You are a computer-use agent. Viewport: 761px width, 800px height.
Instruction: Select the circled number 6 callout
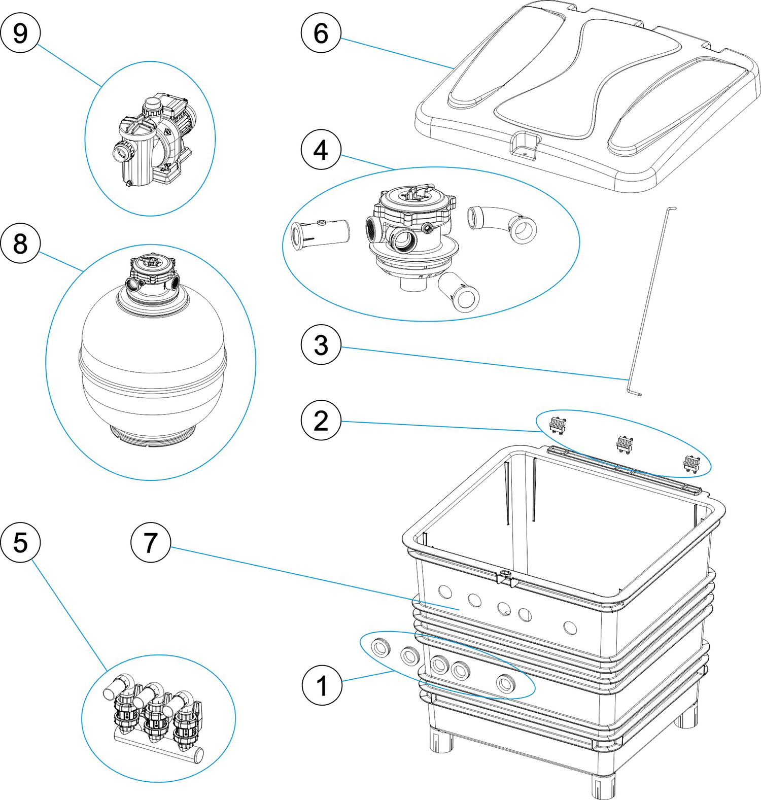321,33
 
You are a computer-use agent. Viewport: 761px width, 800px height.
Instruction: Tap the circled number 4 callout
321,150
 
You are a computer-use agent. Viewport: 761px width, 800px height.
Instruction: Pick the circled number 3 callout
321,345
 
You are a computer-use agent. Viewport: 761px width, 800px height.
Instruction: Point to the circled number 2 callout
321,421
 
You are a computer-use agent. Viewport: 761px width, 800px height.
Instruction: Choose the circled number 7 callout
150,543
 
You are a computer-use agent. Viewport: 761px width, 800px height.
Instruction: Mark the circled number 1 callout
322,686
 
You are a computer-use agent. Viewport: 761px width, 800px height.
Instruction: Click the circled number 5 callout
20,543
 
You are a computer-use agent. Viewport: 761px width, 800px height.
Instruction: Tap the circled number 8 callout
20,244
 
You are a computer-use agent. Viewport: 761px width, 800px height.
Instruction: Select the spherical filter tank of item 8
152,365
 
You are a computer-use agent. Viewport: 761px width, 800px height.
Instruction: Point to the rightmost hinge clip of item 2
691,463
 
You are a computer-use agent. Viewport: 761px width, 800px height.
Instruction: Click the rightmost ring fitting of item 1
505,683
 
